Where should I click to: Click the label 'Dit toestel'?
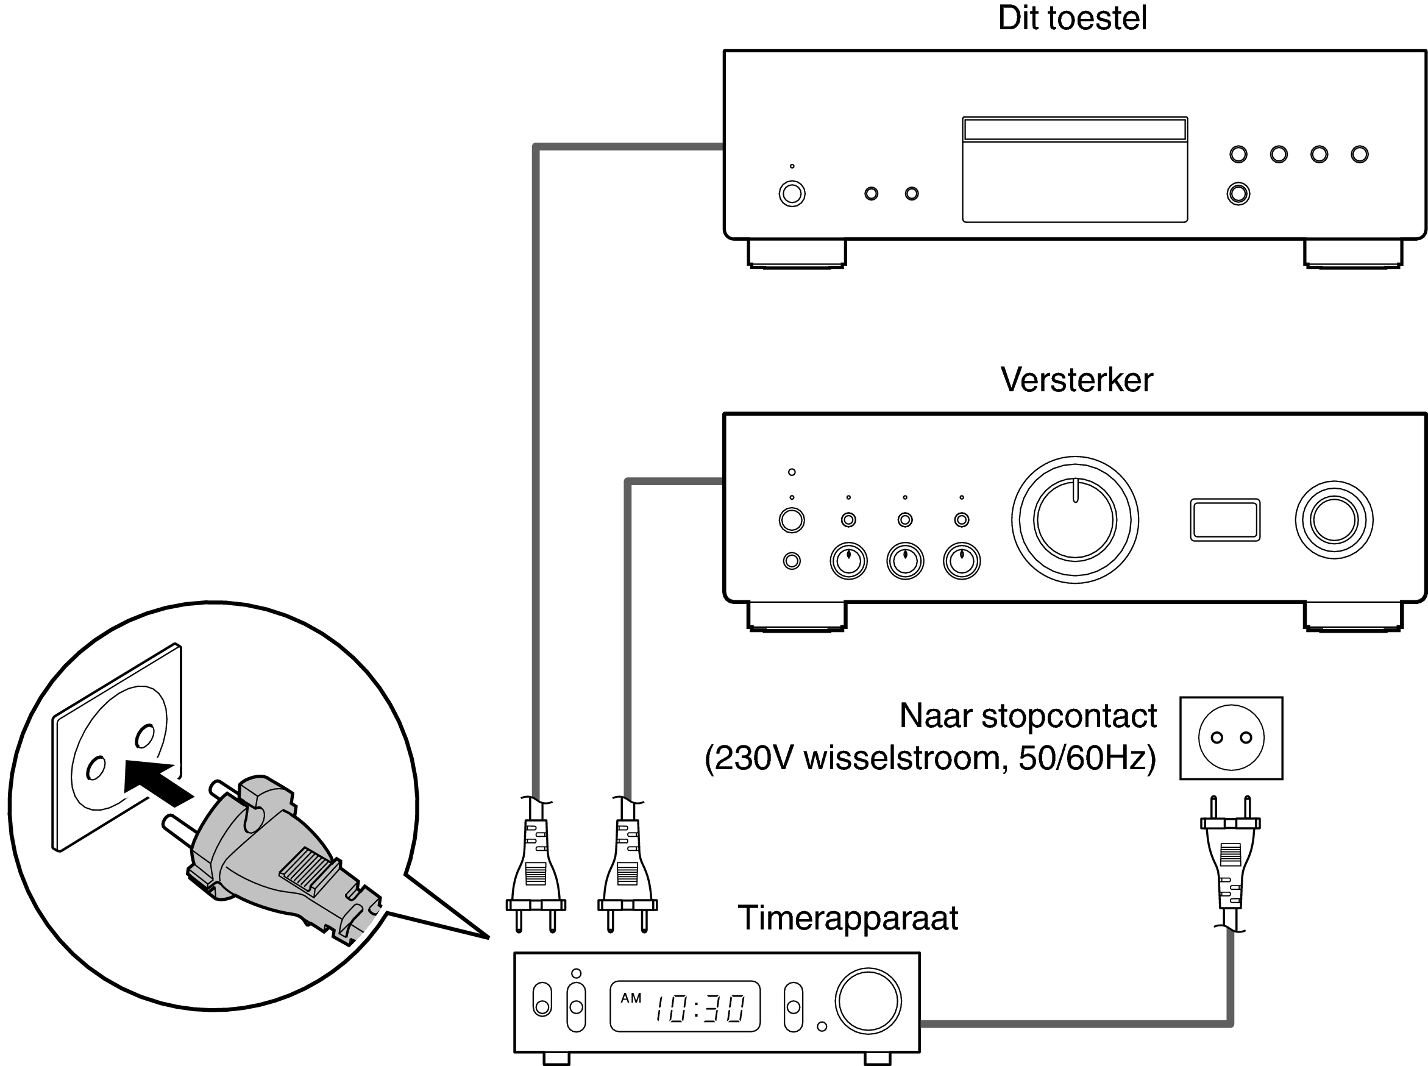tap(1072, 18)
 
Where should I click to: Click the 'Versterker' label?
tap(1076, 380)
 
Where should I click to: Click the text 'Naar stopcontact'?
tap(1028, 716)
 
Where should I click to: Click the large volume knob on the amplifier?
tap(1075, 519)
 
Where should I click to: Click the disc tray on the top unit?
tap(1075, 169)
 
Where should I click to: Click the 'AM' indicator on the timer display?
tap(630, 998)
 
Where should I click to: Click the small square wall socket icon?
tap(1231, 737)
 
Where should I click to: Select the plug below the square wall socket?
tap(1230, 858)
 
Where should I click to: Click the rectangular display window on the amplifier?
tap(1224, 519)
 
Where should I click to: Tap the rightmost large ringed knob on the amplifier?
tap(1334, 519)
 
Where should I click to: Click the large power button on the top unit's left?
tap(792, 194)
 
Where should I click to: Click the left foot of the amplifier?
tap(796, 616)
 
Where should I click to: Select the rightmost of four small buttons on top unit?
tap(1359, 154)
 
